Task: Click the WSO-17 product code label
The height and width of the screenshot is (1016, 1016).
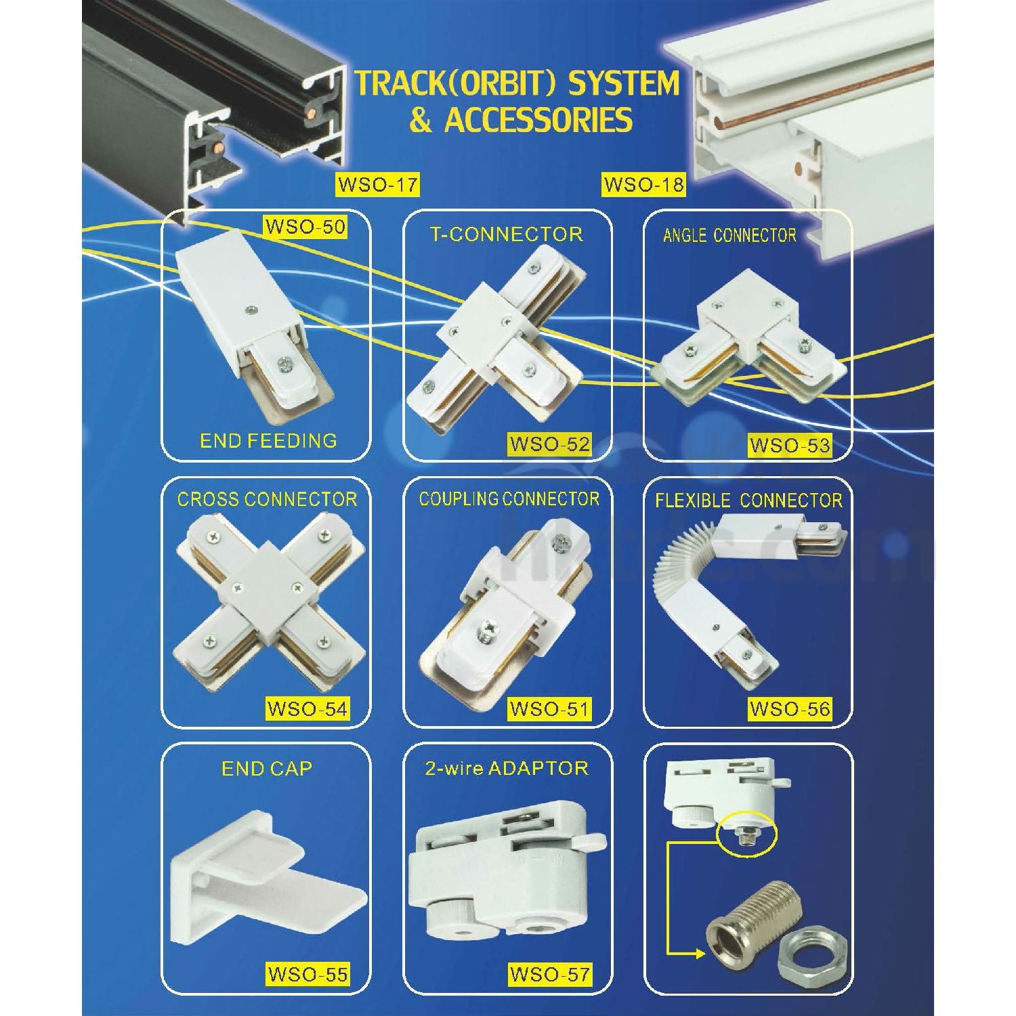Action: coord(378,184)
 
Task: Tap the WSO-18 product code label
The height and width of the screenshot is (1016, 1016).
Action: coord(643,184)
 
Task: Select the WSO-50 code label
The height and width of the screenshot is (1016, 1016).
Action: coord(305,226)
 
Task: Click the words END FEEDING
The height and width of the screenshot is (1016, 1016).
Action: coord(268,441)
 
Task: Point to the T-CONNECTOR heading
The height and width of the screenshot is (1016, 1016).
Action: coord(507,234)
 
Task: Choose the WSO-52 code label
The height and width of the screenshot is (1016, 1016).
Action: coord(549,444)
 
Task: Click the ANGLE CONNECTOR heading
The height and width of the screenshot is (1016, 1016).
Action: coord(729,236)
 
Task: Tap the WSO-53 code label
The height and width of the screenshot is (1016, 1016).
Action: coord(790,445)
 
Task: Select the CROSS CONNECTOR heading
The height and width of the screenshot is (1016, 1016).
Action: coord(267,500)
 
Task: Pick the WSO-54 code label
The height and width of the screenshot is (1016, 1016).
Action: coord(307,709)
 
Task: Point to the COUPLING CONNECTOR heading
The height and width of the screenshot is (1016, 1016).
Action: coord(509,499)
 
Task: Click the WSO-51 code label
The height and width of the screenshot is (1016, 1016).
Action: coord(549,709)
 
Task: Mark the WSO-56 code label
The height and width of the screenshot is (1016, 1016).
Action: coord(790,709)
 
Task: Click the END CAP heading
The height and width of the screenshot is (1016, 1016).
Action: coord(267,769)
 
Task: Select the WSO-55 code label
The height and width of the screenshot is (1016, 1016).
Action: coord(307,975)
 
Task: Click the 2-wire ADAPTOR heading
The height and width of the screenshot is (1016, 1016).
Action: coord(507,768)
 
